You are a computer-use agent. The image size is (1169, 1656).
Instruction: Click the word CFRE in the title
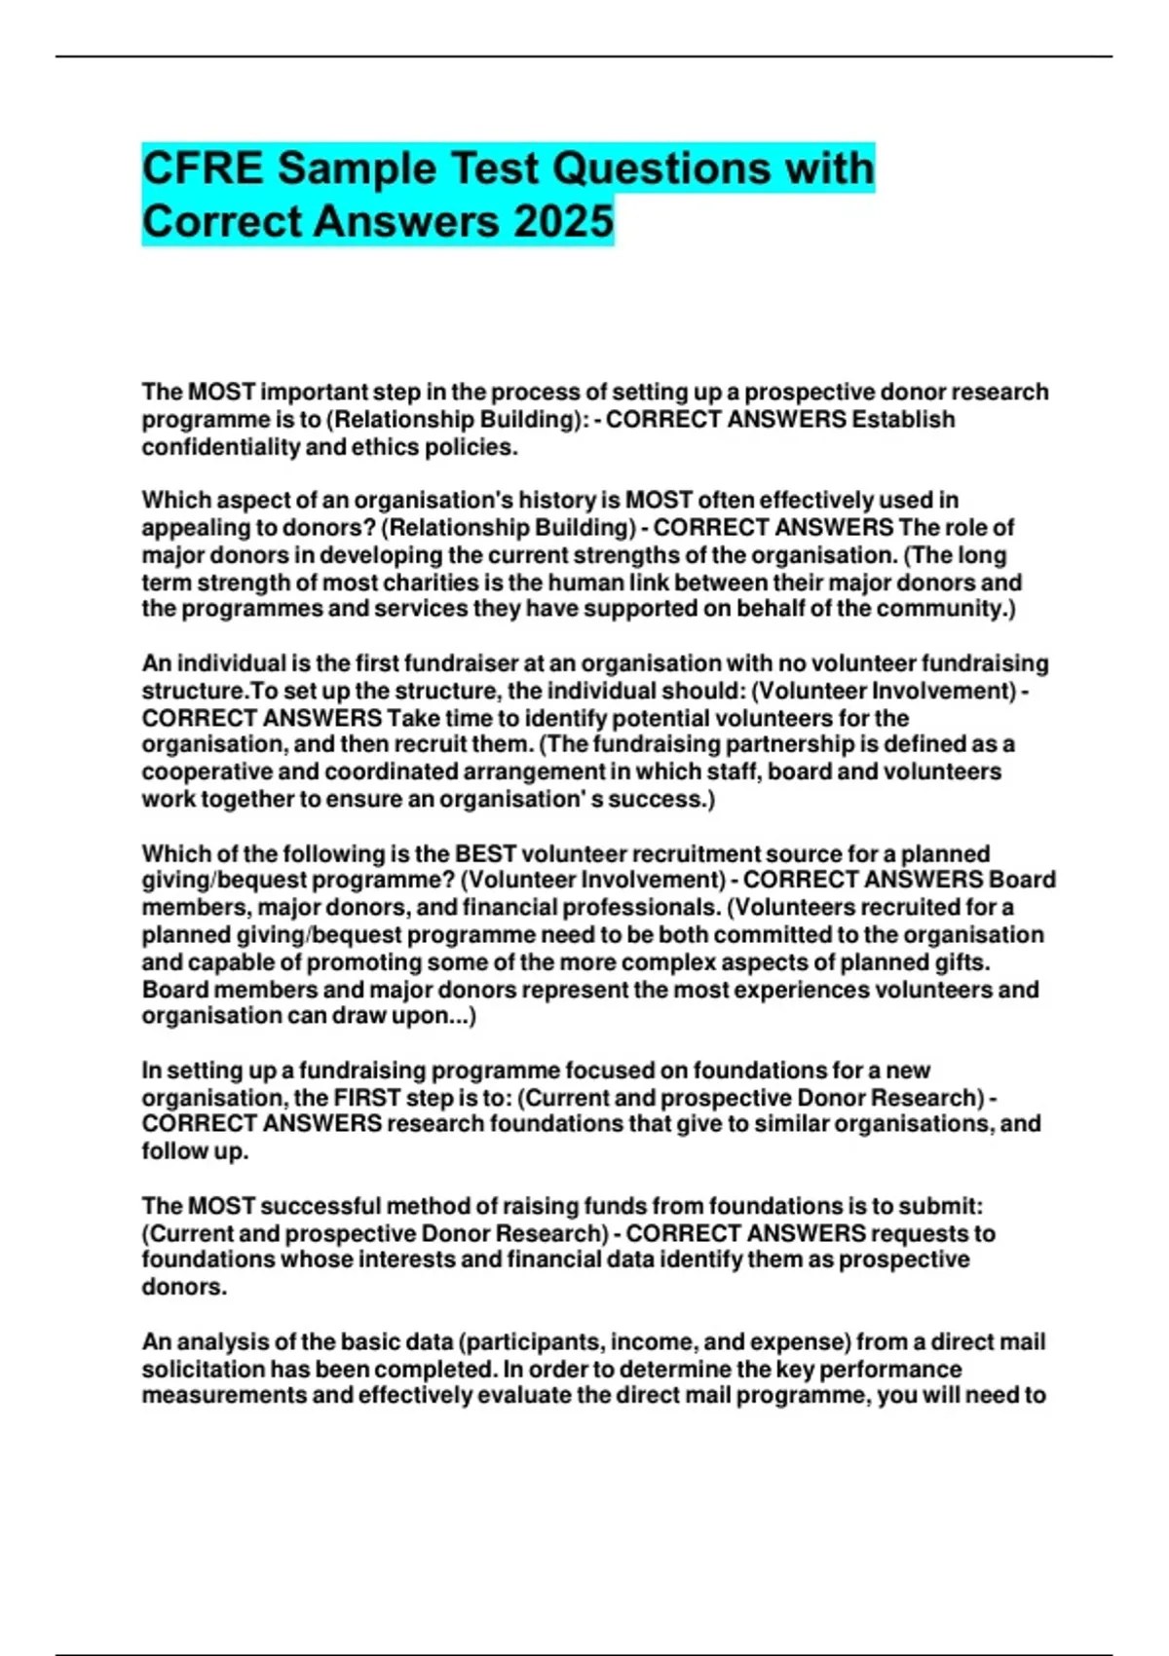203,169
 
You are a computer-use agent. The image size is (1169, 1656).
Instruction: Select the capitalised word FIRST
367,1097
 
